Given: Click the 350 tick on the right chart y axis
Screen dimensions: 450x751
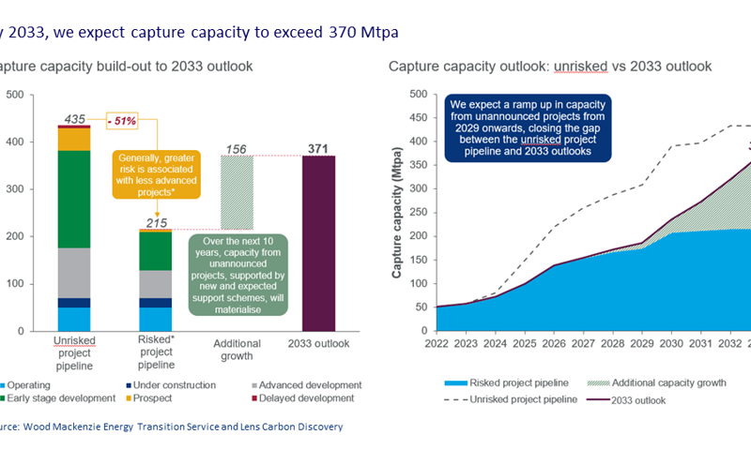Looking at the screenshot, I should tap(418, 165).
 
